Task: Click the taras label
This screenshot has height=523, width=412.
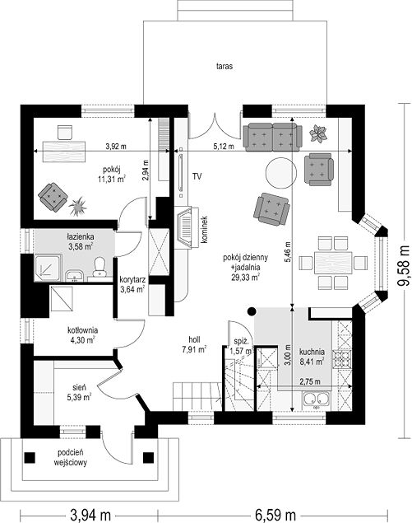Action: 224,66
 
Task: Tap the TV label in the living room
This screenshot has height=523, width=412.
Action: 197,176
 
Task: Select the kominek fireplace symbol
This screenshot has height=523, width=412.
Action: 186,227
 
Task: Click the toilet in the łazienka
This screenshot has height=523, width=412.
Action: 99,267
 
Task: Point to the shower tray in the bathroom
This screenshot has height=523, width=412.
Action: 48,268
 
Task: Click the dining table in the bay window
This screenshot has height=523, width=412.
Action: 333,263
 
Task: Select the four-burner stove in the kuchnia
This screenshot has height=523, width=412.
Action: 342,357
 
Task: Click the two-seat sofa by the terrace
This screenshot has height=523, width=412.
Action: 272,136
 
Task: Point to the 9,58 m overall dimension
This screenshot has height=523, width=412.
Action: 404,266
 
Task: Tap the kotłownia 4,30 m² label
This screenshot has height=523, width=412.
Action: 82,335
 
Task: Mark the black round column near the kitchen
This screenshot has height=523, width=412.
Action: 252,311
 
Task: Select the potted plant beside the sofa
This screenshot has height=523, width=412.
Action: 317,134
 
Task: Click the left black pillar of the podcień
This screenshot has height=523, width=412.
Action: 30,457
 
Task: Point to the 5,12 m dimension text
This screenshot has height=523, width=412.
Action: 223,146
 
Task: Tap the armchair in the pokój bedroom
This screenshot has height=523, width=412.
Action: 53,197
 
